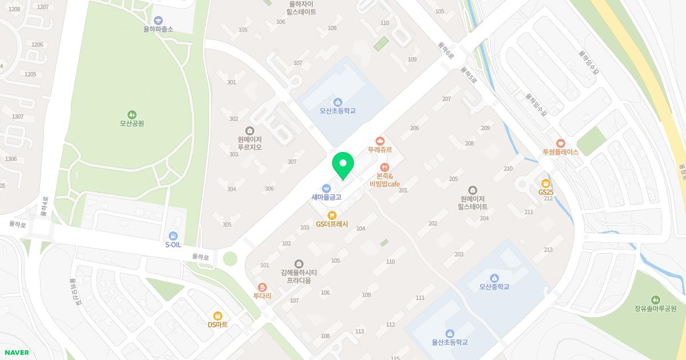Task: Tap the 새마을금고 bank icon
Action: [326, 189]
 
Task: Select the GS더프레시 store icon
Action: [332, 215]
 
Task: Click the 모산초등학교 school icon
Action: [337, 102]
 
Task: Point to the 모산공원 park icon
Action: [131, 114]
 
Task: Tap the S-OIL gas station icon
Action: [173, 236]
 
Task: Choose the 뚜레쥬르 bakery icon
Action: [380, 141]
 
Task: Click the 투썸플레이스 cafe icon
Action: [560, 143]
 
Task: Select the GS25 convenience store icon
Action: [546, 183]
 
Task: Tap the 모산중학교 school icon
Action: [494, 278]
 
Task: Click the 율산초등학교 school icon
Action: [449, 334]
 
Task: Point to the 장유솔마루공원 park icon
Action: [655, 299]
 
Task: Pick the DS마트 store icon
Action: [217, 315]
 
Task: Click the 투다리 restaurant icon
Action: [262, 287]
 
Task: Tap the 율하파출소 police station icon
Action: [158, 20]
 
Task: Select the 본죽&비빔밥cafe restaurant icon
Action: [384, 167]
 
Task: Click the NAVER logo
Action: [16, 353]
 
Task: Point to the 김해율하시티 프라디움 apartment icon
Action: [298, 263]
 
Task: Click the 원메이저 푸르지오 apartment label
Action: [250, 143]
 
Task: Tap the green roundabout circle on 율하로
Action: [230, 259]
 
